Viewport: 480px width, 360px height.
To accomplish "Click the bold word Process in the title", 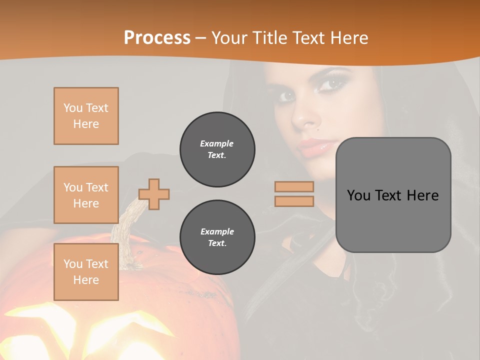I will pos(157,37).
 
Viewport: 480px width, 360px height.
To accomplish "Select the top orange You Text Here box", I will pos(86,116).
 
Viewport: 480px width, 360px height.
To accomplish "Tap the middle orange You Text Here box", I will pos(86,195).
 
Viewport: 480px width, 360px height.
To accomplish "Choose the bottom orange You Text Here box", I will pos(86,272).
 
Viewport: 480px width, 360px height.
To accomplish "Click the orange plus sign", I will pos(154,194).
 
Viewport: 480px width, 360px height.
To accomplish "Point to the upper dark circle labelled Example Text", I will pos(217,149).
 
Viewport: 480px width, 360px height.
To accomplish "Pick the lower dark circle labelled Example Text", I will pos(217,237).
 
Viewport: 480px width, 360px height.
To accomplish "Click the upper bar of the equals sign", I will pos(294,186).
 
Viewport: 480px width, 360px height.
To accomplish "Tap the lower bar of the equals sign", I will pos(294,201).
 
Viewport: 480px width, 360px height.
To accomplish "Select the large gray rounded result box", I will pos(393,195).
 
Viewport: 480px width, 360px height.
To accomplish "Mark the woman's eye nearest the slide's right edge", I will pos(330,84).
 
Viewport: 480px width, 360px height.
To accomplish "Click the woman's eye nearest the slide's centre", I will pos(286,95).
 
